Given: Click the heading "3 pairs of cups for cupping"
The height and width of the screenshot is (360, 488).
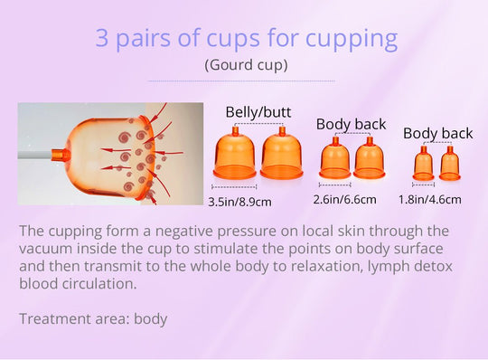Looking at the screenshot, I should click(x=246, y=39).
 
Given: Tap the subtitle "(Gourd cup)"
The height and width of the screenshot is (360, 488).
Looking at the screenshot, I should click(x=246, y=65).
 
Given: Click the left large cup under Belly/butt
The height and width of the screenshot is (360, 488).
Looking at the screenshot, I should click(x=235, y=154).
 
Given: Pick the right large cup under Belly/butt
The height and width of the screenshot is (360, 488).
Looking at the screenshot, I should click(x=281, y=154).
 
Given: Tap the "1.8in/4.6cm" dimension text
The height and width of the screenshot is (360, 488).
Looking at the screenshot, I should click(x=430, y=199).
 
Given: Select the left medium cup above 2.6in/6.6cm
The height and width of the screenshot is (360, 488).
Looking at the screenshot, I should click(x=335, y=158).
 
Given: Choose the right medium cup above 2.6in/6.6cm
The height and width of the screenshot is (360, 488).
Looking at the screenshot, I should click(x=369, y=158).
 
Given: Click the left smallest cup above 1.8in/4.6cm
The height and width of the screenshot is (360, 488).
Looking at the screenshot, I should click(x=423, y=164).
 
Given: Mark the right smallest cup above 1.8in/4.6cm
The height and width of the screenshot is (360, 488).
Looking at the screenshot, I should click(x=449, y=164).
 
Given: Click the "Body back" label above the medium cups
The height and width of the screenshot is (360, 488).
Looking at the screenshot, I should click(x=351, y=125).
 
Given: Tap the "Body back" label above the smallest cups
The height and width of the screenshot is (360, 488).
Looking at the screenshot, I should click(x=437, y=134).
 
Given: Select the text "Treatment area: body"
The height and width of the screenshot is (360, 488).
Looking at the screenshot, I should click(x=93, y=318).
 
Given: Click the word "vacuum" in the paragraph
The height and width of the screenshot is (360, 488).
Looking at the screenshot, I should click(x=44, y=249).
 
